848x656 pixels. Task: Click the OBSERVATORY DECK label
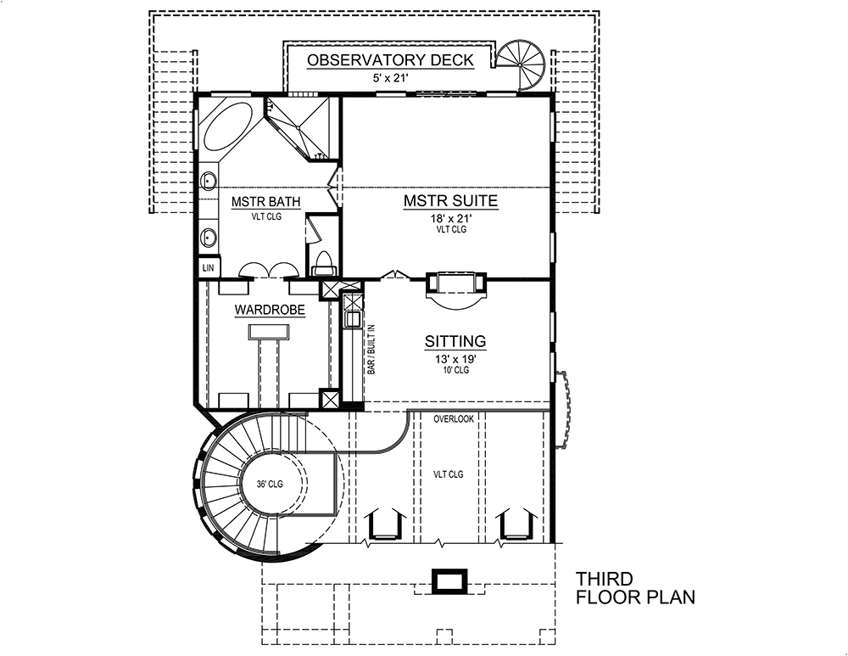click(390, 60)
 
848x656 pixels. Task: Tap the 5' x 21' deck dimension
click(390, 78)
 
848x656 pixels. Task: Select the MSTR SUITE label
click(449, 201)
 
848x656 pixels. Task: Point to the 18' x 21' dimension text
click(449, 218)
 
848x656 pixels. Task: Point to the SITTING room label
click(455, 341)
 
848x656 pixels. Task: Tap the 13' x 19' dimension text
click(455, 358)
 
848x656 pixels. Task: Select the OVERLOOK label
click(454, 419)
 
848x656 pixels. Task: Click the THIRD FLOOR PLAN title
click(635, 588)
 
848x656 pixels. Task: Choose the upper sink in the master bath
click(208, 180)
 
